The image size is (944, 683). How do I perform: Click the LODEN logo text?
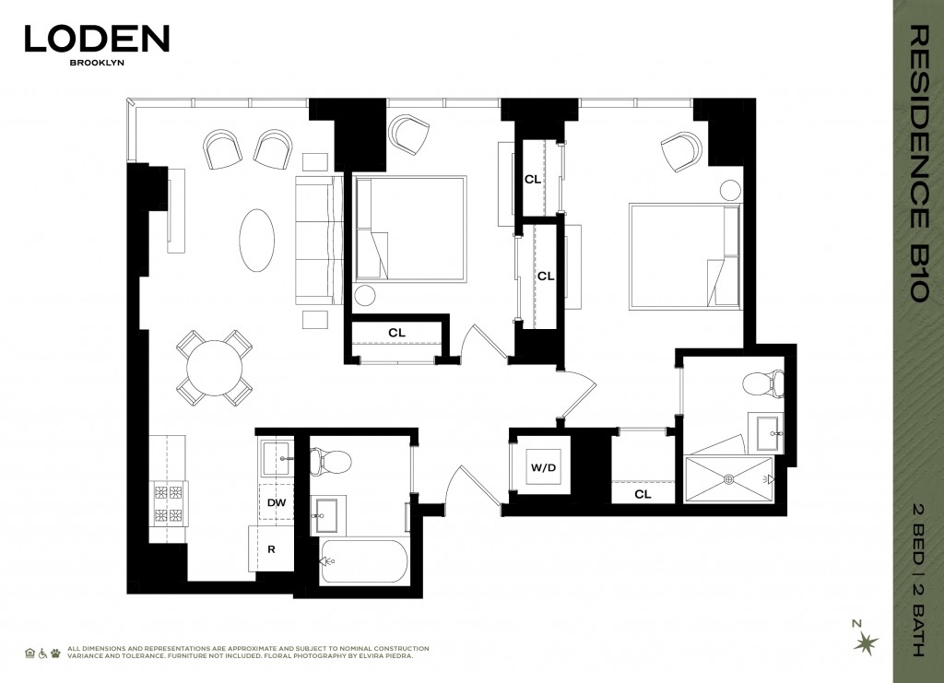pyautogui.click(x=97, y=39)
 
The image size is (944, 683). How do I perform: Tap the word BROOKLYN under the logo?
pyautogui.click(x=97, y=65)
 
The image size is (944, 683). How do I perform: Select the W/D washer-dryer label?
pyautogui.click(x=544, y=468)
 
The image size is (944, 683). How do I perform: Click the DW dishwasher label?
pyautogui.click(x=276, y=503)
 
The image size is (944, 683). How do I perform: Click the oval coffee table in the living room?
pyautogui.click(x=257, y=241)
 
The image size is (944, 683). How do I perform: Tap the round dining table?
pyautogui.click(x=214, y=368)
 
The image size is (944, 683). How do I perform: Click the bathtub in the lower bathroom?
pyautogui.click(x=364, y=561)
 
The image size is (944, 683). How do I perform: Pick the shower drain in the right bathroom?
pyautogui.click(x=728, y=478)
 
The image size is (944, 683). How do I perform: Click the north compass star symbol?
pyautogui.click(x=866, y=642)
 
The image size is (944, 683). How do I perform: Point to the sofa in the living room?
pyautogui.click(x=318, y=241)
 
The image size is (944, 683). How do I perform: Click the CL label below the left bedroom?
pyautogui.click(x=396, y=332)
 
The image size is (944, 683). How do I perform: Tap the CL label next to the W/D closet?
pyautogui.click(x=643, y=494)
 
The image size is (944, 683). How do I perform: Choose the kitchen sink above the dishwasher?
pyautogui.click(x=276, y=456)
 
